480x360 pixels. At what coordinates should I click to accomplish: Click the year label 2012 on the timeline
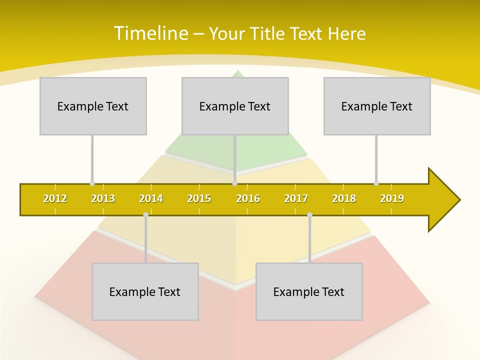(55, 199)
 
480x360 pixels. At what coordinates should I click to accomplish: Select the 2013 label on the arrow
(103, 199)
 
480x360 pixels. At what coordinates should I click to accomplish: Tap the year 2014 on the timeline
(151, 199)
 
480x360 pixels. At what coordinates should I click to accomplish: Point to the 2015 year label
(199, 199)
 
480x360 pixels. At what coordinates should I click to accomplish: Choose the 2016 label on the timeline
(248, 199)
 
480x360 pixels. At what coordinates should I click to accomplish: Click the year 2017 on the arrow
(296, 199)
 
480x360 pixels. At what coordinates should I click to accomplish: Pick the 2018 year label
(344, 199)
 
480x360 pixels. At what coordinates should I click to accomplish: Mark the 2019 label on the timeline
(392, 199)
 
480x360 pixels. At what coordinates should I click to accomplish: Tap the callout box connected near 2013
(93, 106)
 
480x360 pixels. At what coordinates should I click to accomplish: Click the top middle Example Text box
(235, 106)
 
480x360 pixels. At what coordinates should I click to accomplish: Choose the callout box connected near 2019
(377, 106)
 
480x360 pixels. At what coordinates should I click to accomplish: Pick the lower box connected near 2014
(145, 291)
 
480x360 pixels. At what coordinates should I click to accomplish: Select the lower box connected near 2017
(309, 291)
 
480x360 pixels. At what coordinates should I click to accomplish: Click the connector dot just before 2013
(92, 183)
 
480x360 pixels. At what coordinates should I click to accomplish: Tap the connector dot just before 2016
(235, 183)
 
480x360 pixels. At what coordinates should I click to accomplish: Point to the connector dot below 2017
(309, 215)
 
